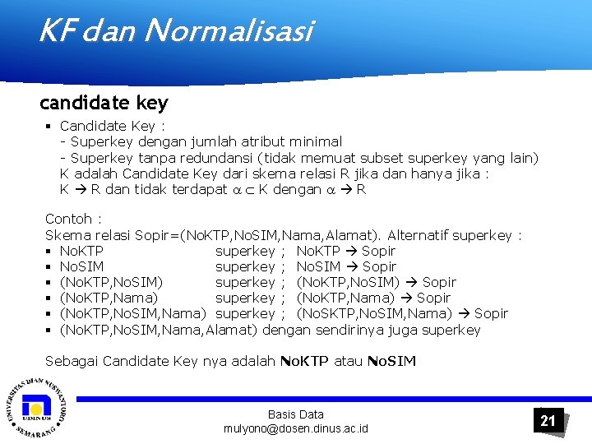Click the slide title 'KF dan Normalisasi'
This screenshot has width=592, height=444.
click(x=175, y=32)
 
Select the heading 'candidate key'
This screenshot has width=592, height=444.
click(x=104, y=103)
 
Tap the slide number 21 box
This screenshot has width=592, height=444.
click(x=548, y=421)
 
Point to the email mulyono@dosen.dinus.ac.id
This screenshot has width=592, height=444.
click(x=296, y=429)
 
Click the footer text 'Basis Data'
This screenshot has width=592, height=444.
click(x=296, y=414)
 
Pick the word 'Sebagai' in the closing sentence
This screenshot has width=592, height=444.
click(x=72, y=361)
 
